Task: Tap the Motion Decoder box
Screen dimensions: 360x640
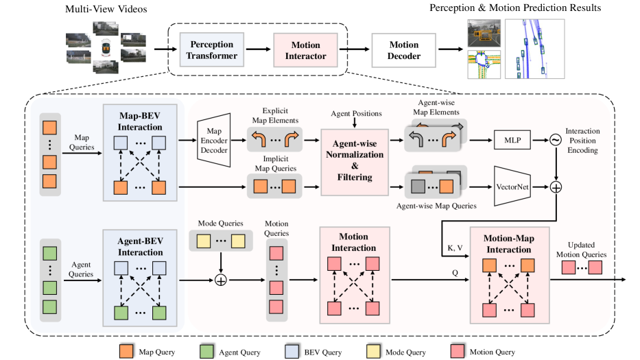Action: click(403, 50)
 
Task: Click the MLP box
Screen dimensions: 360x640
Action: click(512, 141)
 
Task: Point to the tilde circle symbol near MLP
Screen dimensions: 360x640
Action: click(557, 141)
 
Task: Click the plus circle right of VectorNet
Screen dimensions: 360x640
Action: click(557, 186)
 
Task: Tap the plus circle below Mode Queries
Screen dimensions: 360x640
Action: click(221, 280)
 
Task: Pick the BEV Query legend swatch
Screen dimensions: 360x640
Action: click(293, 351)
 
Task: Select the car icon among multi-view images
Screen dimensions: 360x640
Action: click(105, 50)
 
